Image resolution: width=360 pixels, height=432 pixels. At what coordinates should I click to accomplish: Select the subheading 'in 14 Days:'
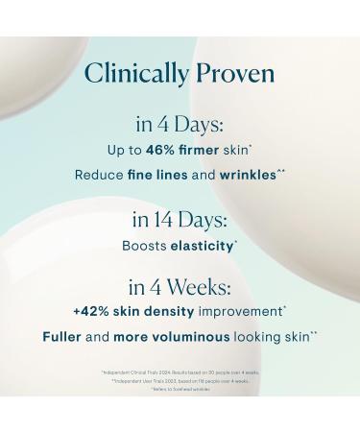point(180,220)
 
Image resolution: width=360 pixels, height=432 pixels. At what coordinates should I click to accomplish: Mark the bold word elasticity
point(202,246)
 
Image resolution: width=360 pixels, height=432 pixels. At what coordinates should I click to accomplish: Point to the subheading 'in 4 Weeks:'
point(180,288)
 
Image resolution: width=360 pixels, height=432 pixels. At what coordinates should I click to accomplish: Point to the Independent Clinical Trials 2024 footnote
point(180,372)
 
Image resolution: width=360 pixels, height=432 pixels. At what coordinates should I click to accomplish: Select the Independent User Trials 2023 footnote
point(180,380)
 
